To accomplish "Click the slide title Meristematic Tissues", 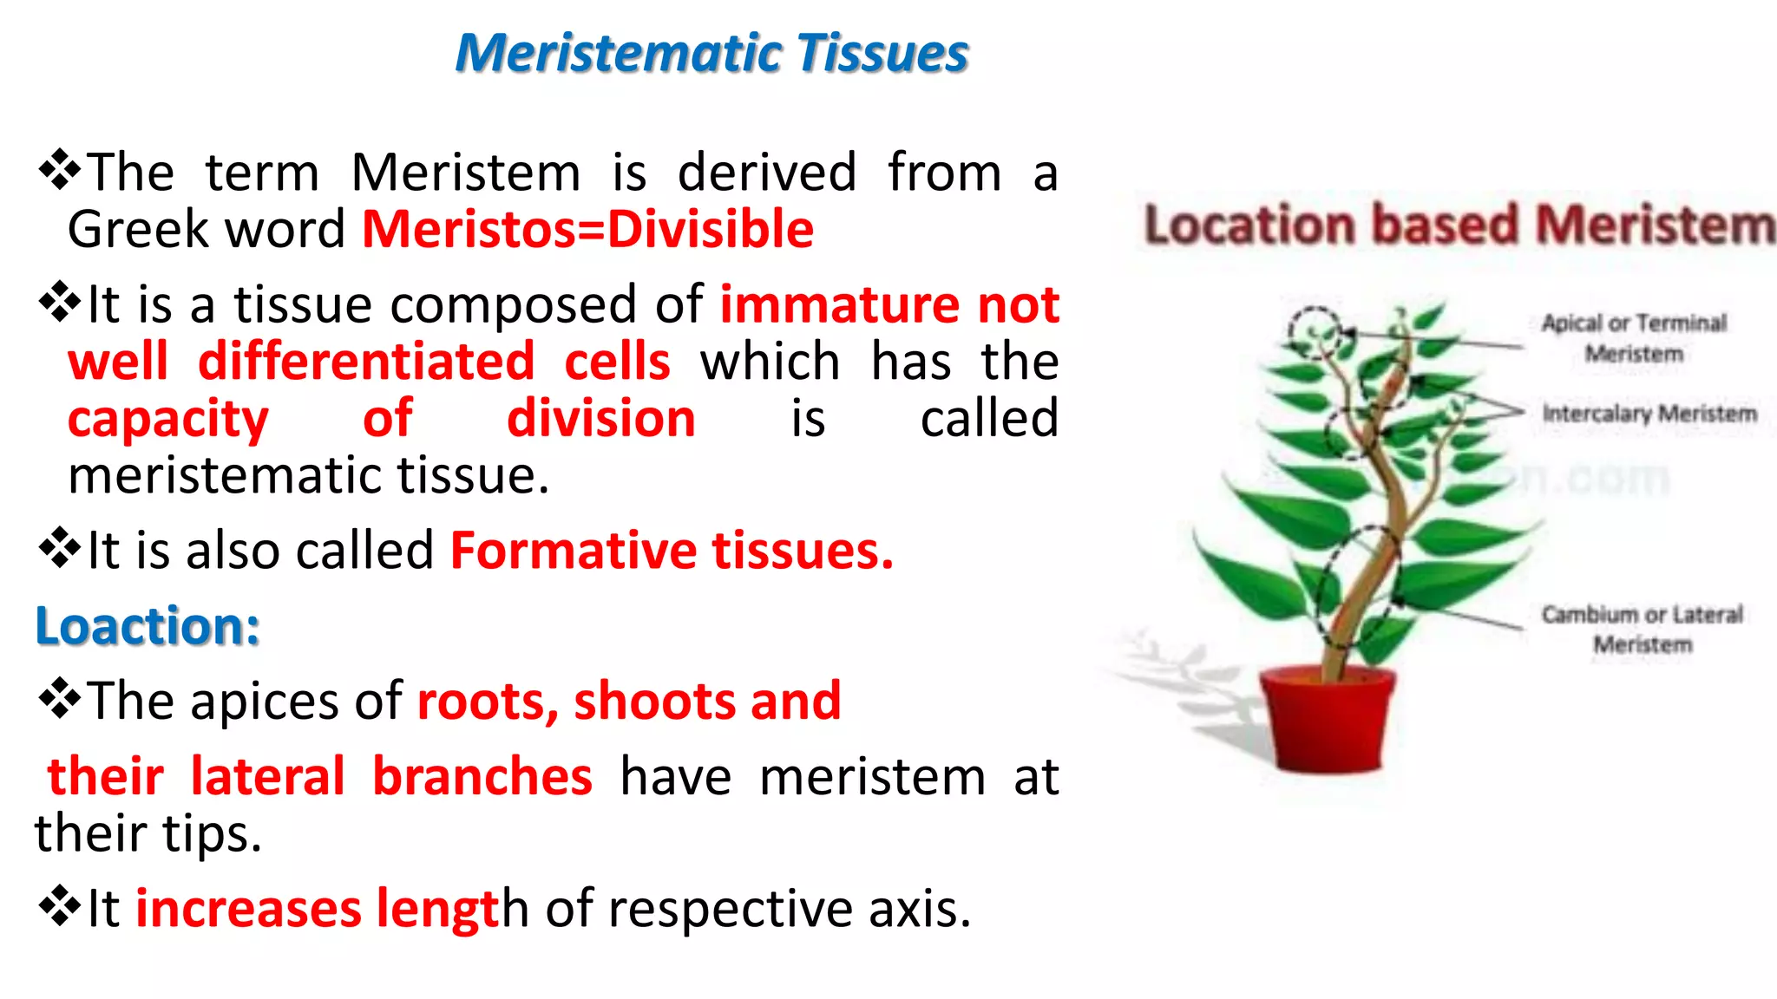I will point(711,54).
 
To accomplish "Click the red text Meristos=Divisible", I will point(587,230).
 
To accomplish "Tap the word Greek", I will point(139,230).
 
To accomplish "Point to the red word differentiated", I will point(366,362).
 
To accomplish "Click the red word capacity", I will point(168,420).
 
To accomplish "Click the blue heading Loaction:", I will point(148,626).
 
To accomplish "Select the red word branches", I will point(482,776).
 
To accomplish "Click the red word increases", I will point(248,909).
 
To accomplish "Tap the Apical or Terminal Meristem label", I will point(1635,338).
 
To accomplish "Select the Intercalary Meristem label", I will point(1649,414).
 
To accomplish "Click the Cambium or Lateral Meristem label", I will point(1642,629).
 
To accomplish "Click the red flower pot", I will point(1325,720).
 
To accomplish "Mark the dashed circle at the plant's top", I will point(1314,331).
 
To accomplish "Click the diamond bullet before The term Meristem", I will point(60,169).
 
